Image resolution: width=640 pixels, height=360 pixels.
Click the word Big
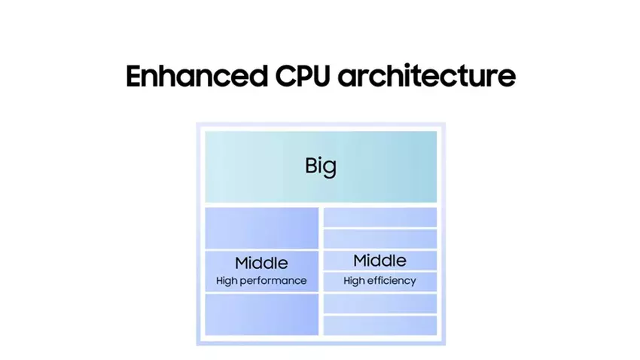click(x=321, y=166)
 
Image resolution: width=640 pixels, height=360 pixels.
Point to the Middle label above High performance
click(x=261, y=264)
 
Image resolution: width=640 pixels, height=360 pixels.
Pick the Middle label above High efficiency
click(x=379, y=261)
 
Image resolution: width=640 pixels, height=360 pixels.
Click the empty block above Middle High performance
click(x=261, y=227)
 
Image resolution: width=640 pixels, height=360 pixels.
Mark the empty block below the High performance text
click(x=261, y=314)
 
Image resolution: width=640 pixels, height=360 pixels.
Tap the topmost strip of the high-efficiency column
click(x=379, y=217)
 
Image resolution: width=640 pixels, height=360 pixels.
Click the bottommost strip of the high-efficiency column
click(x=379, y=325)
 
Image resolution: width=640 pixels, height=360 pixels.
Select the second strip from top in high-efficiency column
click(x=379, y=239)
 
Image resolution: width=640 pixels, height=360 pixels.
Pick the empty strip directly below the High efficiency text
click(x=379, y=304)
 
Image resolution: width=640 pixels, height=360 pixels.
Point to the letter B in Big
click(x=310, y=165)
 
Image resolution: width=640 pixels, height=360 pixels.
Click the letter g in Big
click(x=330, y=168)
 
